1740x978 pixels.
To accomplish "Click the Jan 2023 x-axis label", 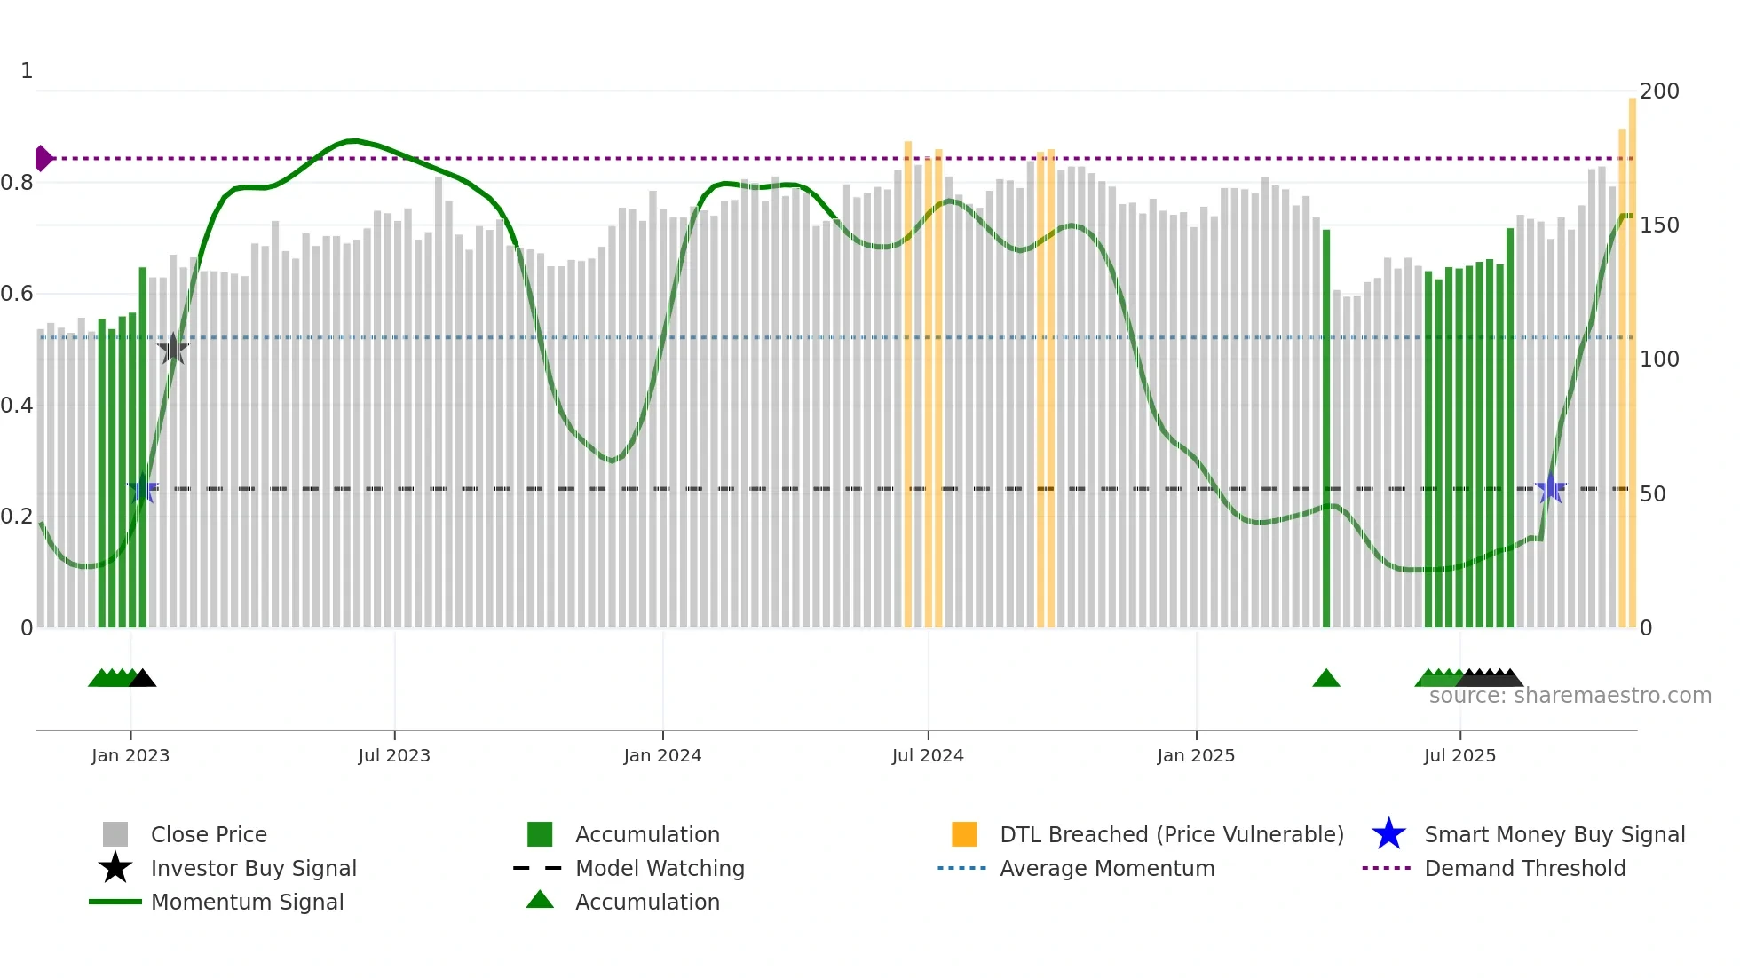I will [x=130, y=755].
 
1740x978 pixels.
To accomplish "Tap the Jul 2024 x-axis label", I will [x=928, y=755].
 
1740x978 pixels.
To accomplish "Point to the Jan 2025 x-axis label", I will [x=1196, y=755].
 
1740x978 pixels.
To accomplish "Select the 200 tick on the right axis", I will [x=1659, y=91].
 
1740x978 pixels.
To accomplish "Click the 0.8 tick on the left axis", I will [x=17, y=183].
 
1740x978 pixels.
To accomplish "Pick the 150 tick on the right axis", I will [x=1659, y=225].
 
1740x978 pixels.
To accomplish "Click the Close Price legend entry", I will [x=209, y=834].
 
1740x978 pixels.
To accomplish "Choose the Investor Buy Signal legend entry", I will [x=253, y=868].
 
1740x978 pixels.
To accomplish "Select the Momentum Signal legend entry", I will [x=247, y=902].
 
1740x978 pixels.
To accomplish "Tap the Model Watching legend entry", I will [x=660, y=868].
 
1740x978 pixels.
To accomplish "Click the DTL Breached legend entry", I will [x=1171, y=834].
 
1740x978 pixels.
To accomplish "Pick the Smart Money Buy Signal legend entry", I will [x=1554, y=834].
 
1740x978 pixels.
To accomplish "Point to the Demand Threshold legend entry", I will [x=1524, y=868].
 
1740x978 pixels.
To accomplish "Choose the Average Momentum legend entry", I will [x=1107, y=868].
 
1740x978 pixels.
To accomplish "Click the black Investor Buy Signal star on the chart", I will [x=173, y=349].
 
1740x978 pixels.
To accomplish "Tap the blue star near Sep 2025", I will [x=1550, y=488].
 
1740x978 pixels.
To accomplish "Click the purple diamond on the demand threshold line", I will [x=43, y=158].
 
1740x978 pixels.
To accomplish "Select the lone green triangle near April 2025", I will [x=1326, y=679].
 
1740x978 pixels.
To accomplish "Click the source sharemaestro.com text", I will [x=1570, y=696].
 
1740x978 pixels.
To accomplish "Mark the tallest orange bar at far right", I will [x=1632, y=355].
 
